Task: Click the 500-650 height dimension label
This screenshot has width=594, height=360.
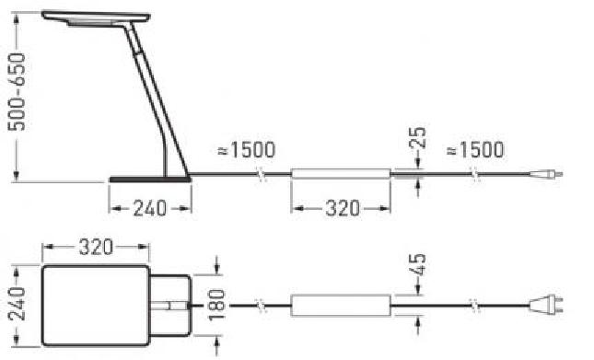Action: click(x=17, y=92)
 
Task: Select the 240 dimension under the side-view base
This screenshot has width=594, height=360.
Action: click(x=149, y=209)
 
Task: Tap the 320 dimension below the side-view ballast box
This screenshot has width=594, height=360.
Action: click(x=343, y=209)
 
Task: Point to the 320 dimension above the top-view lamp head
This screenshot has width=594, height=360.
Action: click(x=96, y=247)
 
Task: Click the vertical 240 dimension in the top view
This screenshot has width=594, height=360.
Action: click(x=17, y=304)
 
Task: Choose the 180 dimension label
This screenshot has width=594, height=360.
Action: click(x=216, y=305)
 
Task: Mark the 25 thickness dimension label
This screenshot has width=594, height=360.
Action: click(x=418, y=137)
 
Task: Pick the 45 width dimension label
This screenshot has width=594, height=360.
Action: click(x=418, y=264)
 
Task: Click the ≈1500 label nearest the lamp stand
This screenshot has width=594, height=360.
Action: click(x=246, y=150)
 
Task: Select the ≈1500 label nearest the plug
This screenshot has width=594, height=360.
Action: click(x=475, y=150)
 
